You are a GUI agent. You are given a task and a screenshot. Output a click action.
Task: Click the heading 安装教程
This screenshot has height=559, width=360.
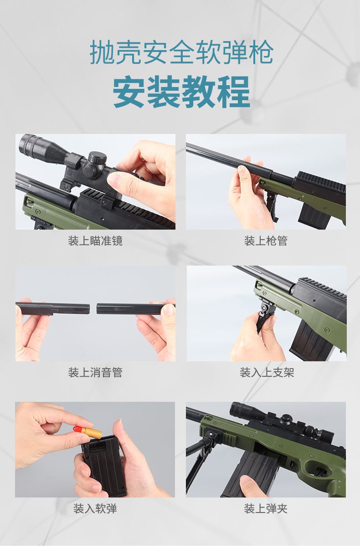pyautogui.click(x=181, y=92)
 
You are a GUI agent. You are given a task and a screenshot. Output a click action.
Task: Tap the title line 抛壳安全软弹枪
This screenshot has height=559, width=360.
pyautogui.click(x=181, y=52)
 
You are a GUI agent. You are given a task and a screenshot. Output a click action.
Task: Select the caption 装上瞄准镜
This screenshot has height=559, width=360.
pyautogui.click(x=95, y=241)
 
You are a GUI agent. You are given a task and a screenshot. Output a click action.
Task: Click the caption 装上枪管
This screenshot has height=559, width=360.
pyautogui.click(x=266, y=241)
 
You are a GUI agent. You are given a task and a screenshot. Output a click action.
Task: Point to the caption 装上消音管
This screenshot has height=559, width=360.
pyautogui.click(x=95, y=372)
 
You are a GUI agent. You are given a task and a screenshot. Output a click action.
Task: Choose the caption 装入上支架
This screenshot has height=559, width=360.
pyautogui.click(x=267, y=372)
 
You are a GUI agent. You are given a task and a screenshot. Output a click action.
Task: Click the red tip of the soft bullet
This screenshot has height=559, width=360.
pyautogui.click(x=78, y=429)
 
